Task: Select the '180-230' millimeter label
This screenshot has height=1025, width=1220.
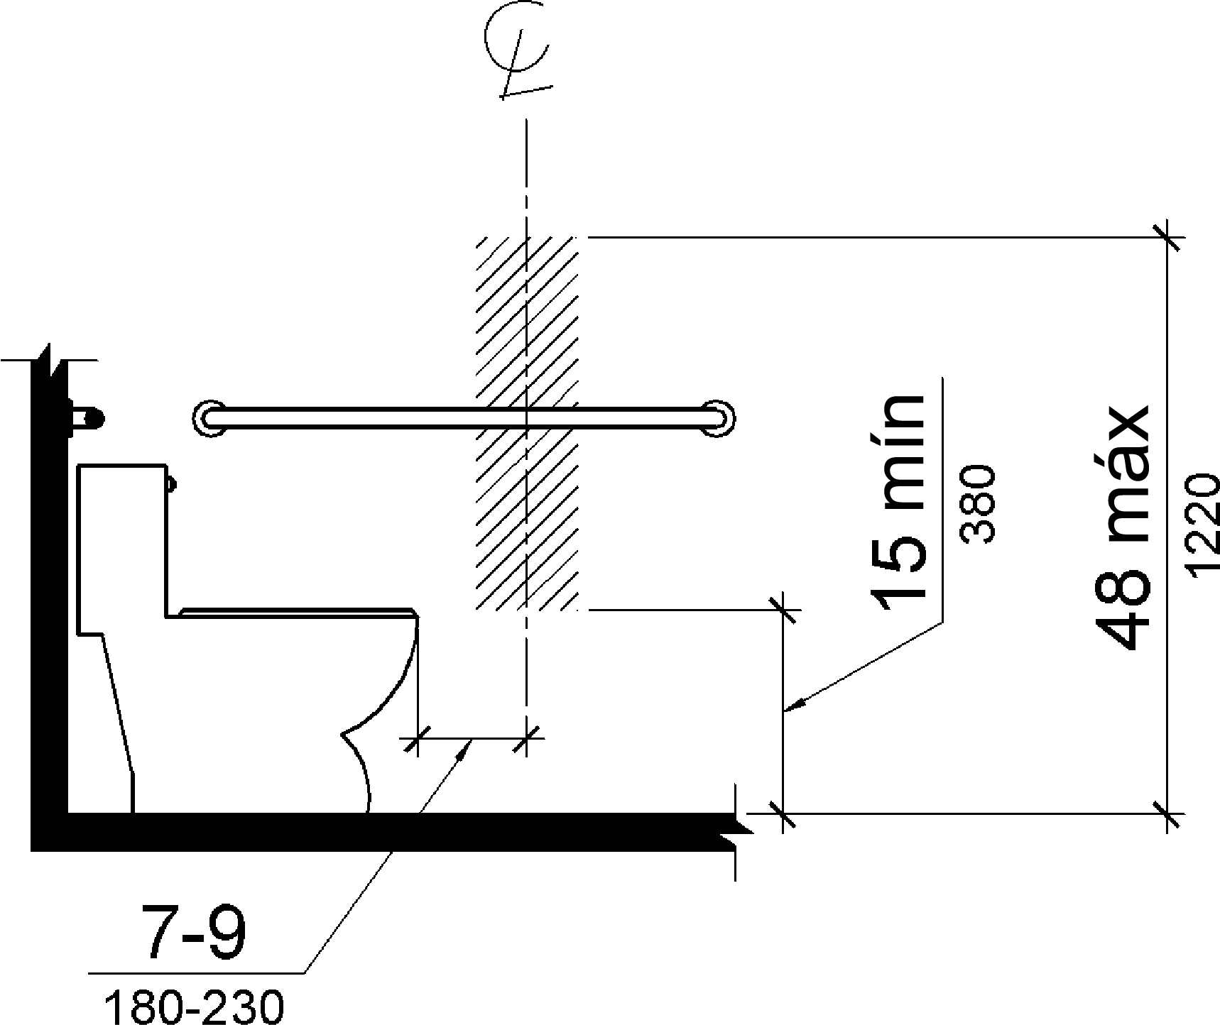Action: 194,1007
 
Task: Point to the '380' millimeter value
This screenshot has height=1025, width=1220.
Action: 979,504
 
